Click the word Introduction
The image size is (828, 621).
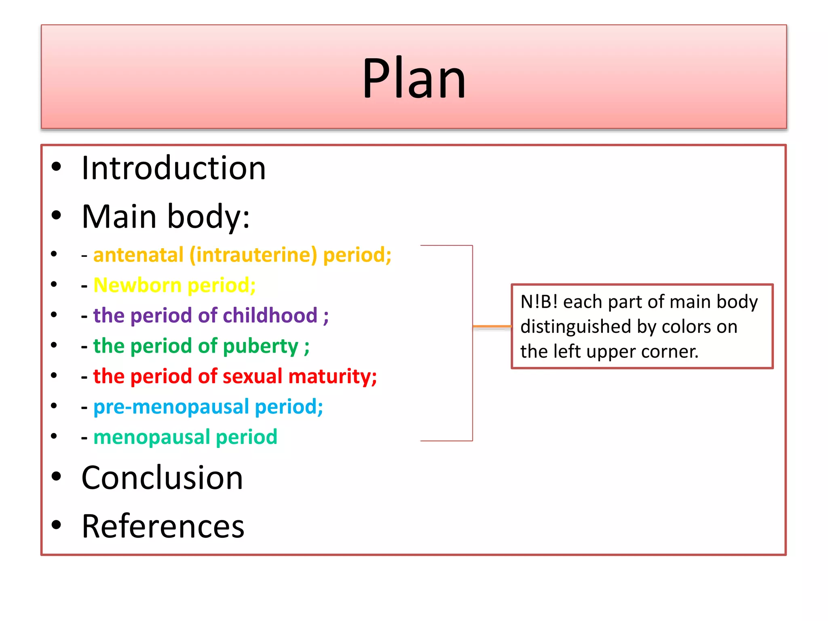pos(173,168)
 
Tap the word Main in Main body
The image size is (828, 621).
pos(119,217)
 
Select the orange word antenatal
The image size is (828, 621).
pos(138,255)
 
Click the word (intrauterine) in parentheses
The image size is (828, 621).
pos(253,255)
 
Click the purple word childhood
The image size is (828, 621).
pos(270,316)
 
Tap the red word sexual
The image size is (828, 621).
pos(252,376)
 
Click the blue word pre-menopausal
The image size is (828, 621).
pos(171,407)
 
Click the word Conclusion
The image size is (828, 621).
pos(162,478)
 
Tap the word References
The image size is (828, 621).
pos(163,526)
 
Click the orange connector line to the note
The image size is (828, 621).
pos(492,326)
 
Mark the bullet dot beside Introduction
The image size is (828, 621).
pos(56,167)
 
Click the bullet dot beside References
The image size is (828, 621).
pos(56,525)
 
